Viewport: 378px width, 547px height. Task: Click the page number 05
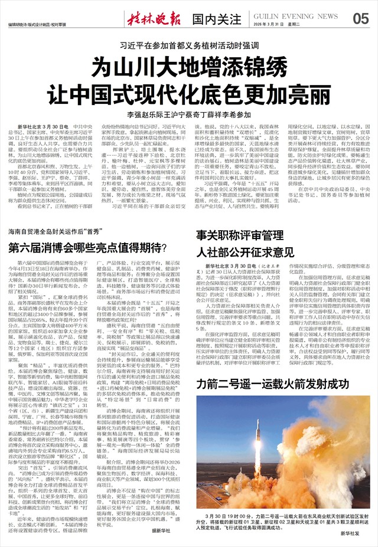click(x=360, y=18)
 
